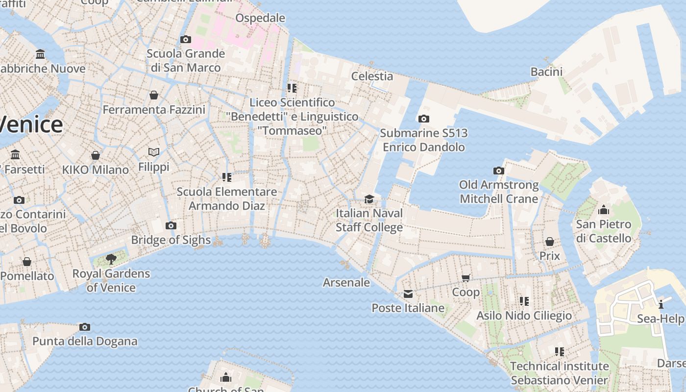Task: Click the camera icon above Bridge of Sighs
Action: [x=171, y=226]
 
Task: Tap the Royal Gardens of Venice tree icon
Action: [x=111, y=259]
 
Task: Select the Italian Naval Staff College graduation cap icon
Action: [x=369, y=199]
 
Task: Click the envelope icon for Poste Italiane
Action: [x=408, y=294]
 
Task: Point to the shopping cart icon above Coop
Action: [x=466, y=278]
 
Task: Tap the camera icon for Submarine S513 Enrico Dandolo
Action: [x=424, y=119]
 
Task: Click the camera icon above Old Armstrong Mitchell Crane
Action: [x=499, y=171]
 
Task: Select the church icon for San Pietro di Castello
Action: [x=604, y=210]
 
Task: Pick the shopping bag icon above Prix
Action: [x=550, y=242]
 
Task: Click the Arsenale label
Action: [x=346, y=282]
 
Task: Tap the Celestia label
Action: [x=372, y=76]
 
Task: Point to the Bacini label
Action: [x=546, y=72]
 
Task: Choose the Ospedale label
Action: [x=260, y=18]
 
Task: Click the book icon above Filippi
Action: [x=154, y=152]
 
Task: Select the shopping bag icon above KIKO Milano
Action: [x=96, y=155]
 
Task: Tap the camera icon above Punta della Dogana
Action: [x=85, y=327]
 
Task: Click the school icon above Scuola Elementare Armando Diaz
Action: [x=226, y=177]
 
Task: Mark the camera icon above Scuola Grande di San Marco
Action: [x=186, y=39]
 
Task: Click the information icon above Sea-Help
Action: [x=661, y=304]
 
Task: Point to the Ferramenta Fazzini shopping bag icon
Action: [x=154, y=95]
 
